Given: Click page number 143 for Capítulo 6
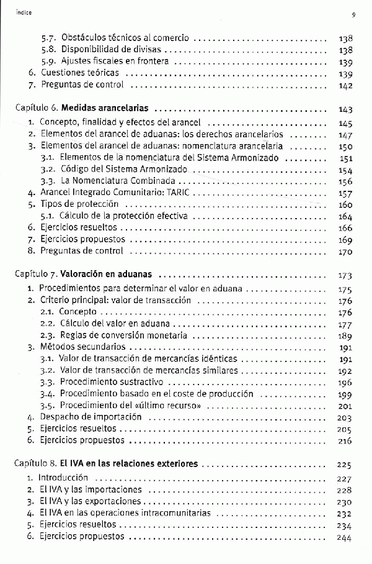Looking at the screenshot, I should pos(346,109).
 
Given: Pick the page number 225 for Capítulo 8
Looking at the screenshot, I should pos(345,465).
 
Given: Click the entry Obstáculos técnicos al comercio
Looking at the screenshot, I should pos(125,37).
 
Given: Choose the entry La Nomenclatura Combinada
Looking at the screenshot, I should pos(116,181).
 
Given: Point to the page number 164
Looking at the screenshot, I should pos(346,217).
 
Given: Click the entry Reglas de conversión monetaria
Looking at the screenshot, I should pos(123,335).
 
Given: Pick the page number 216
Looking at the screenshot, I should pos(345,441).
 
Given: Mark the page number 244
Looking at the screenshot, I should pos(345,537).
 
